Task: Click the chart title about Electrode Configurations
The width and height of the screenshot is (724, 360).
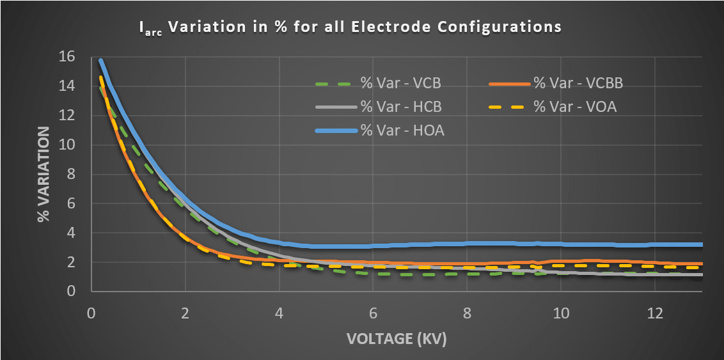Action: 350,27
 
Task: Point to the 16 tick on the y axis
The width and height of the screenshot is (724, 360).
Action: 67,57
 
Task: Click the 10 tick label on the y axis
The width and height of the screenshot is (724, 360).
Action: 67,145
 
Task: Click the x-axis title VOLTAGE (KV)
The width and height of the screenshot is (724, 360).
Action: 396,339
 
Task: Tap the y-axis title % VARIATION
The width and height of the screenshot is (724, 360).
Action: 43,174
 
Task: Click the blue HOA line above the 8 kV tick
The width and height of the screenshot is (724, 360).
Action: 467,243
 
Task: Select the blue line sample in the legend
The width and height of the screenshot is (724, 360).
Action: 335,130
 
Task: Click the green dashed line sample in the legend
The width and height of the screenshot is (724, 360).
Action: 335,83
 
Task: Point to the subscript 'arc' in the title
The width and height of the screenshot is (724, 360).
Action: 154,31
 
